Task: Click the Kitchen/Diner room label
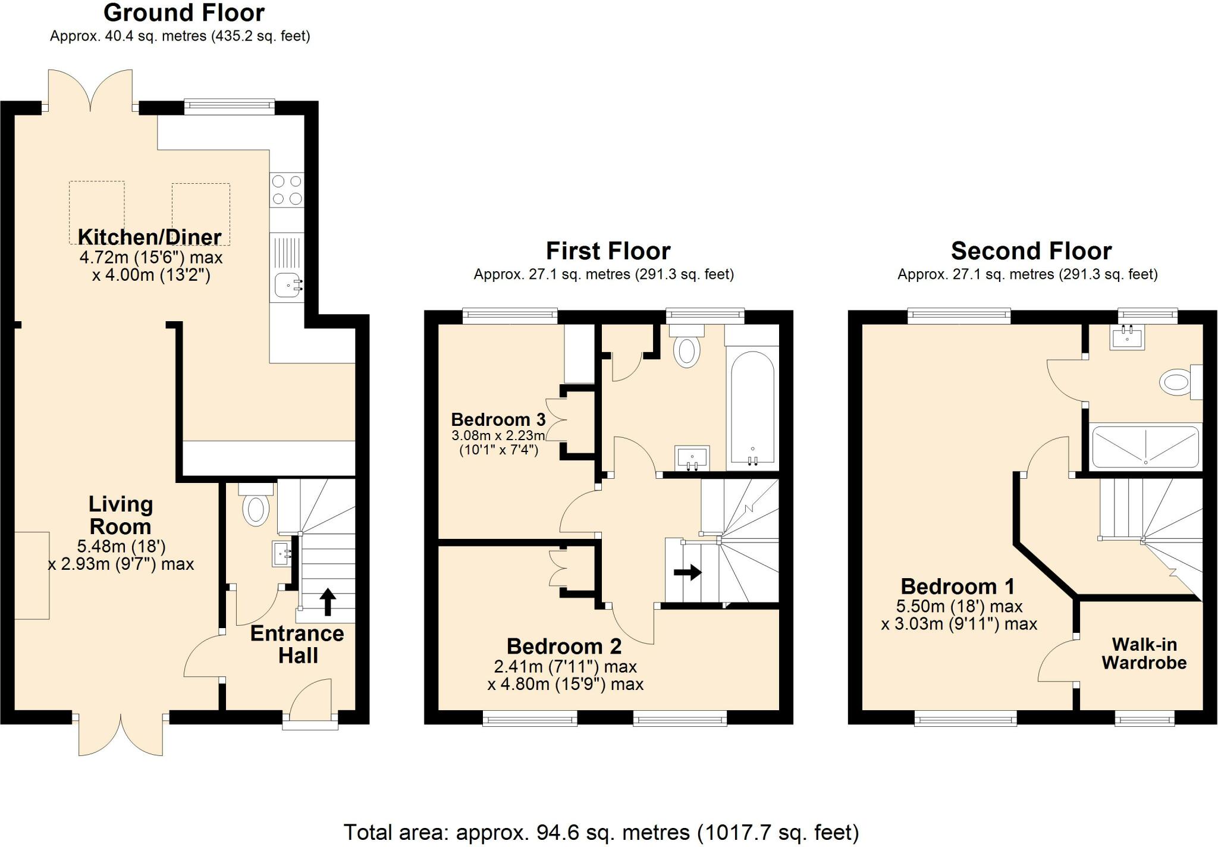point(150,237)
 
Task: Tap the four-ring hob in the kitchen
point(287,190)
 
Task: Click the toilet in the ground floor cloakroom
point(256,509)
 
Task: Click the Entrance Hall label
point(297,644)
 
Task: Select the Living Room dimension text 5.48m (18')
point(121,546)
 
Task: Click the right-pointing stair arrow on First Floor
point(688,573)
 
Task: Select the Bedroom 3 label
point(498,419)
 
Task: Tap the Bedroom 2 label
point(564,646)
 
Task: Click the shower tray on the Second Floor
point(1145,447)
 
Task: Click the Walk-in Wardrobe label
point(1144,653)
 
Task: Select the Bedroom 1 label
point(958,586)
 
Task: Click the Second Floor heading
point(1031,251)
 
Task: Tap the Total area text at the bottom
point(601,832)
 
